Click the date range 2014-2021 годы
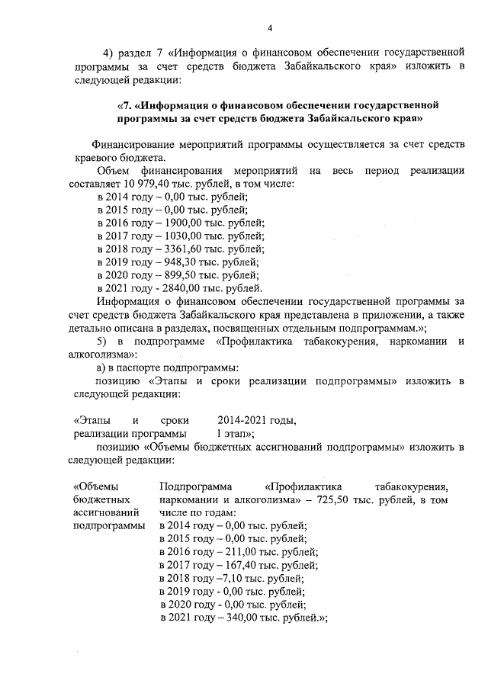coord(256,420)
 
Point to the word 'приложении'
coord(391,314)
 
